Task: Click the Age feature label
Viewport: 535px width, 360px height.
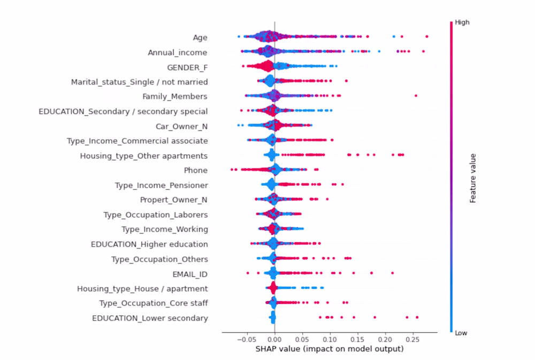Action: [200, 37]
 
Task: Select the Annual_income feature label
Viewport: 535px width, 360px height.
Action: [178, 52]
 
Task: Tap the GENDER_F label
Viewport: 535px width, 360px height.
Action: [187, 67]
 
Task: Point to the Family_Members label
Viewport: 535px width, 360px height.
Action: [175, 97]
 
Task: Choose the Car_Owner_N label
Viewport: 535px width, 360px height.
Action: [181, 126]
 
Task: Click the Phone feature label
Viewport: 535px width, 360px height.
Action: [195, 171]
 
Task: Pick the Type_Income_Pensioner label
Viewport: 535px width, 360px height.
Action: [161, 185]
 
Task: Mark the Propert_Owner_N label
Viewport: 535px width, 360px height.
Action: [173, 200]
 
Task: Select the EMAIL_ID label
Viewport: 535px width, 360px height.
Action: [190, 274]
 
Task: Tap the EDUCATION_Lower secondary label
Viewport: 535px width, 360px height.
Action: [150, 318]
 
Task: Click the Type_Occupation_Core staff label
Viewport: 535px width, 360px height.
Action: [154, 303]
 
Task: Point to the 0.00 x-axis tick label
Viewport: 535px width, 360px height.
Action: [274, 339]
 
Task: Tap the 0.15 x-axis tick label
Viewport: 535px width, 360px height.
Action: [357, 339]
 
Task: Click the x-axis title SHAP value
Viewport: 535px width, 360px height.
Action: [329, 349]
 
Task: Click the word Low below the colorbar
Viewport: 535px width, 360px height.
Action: [461, 332]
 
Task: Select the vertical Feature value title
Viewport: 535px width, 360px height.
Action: [473, 178]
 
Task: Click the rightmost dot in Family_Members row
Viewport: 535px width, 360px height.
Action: [416, 96]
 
